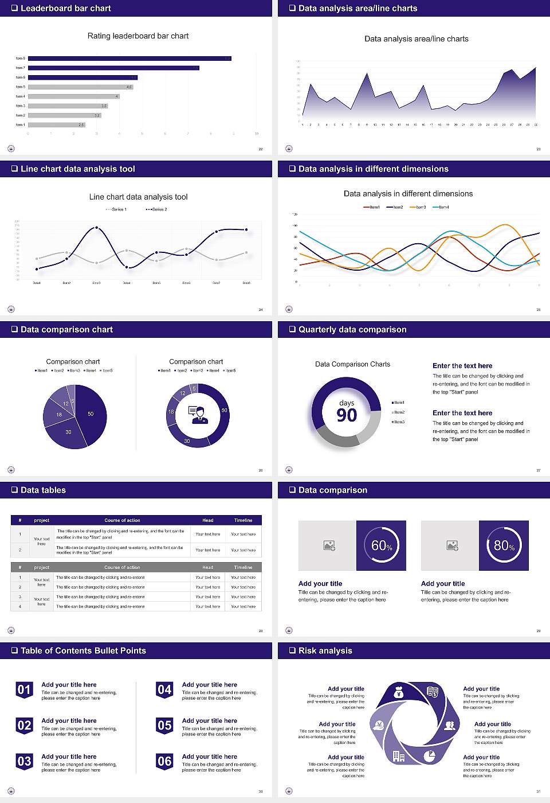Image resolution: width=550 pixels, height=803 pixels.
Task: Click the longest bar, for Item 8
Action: click(129, 59)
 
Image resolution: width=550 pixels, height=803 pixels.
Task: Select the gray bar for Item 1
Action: click(56, 124)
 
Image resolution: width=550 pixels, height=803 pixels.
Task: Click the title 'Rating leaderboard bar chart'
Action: click(137, 36)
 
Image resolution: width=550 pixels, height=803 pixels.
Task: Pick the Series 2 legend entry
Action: click(156, 209)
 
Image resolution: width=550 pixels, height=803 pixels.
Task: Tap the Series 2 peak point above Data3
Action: click(96, 228)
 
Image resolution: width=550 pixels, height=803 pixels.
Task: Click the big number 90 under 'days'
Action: click(347, 415)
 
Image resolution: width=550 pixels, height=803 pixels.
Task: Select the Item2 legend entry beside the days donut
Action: click(398, 412)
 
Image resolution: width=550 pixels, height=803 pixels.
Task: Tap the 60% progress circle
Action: click(382, 545)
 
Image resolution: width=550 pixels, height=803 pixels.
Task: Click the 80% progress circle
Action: click(504, 545)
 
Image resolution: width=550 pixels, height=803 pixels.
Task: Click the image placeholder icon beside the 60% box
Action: click(329, 545)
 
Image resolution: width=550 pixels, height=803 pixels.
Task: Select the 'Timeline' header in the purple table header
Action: click(243, 520)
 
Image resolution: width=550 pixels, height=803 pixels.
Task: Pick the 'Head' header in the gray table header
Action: click(207, 567)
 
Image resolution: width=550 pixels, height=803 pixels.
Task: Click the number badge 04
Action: click(164, 690)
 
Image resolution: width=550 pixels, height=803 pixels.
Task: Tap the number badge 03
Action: click(24, 762)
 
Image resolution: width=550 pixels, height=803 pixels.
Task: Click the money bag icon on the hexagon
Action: click(399, 693)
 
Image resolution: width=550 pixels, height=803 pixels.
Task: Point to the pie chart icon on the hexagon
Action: click(429, 756)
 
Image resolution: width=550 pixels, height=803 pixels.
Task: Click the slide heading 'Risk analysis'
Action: click(325, 651)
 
